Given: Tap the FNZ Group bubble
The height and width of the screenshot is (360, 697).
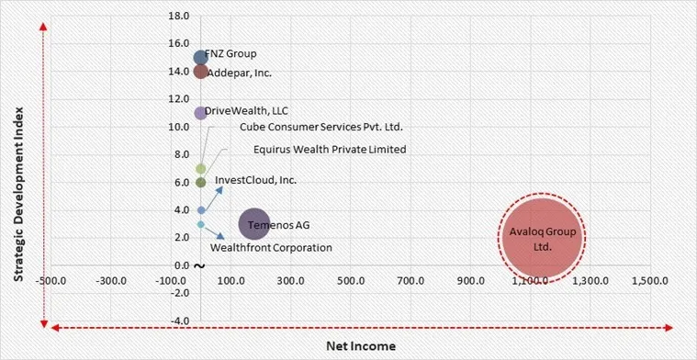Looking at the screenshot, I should [x=201, y=58].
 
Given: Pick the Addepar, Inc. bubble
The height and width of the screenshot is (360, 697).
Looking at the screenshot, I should [x=201, y=72].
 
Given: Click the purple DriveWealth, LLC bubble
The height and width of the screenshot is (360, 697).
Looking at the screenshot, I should [x=201, y=113].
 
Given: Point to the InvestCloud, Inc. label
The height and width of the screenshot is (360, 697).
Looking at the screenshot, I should [x=255, y=180].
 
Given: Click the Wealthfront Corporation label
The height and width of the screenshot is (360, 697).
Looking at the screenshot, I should [x=271, y=247].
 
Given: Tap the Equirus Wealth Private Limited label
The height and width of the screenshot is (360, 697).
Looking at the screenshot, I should [x=329, y=149].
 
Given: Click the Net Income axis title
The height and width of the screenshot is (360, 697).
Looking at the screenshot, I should [x=361, y=346].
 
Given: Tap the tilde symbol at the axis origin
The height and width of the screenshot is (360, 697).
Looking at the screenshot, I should [x=199, y=266].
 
